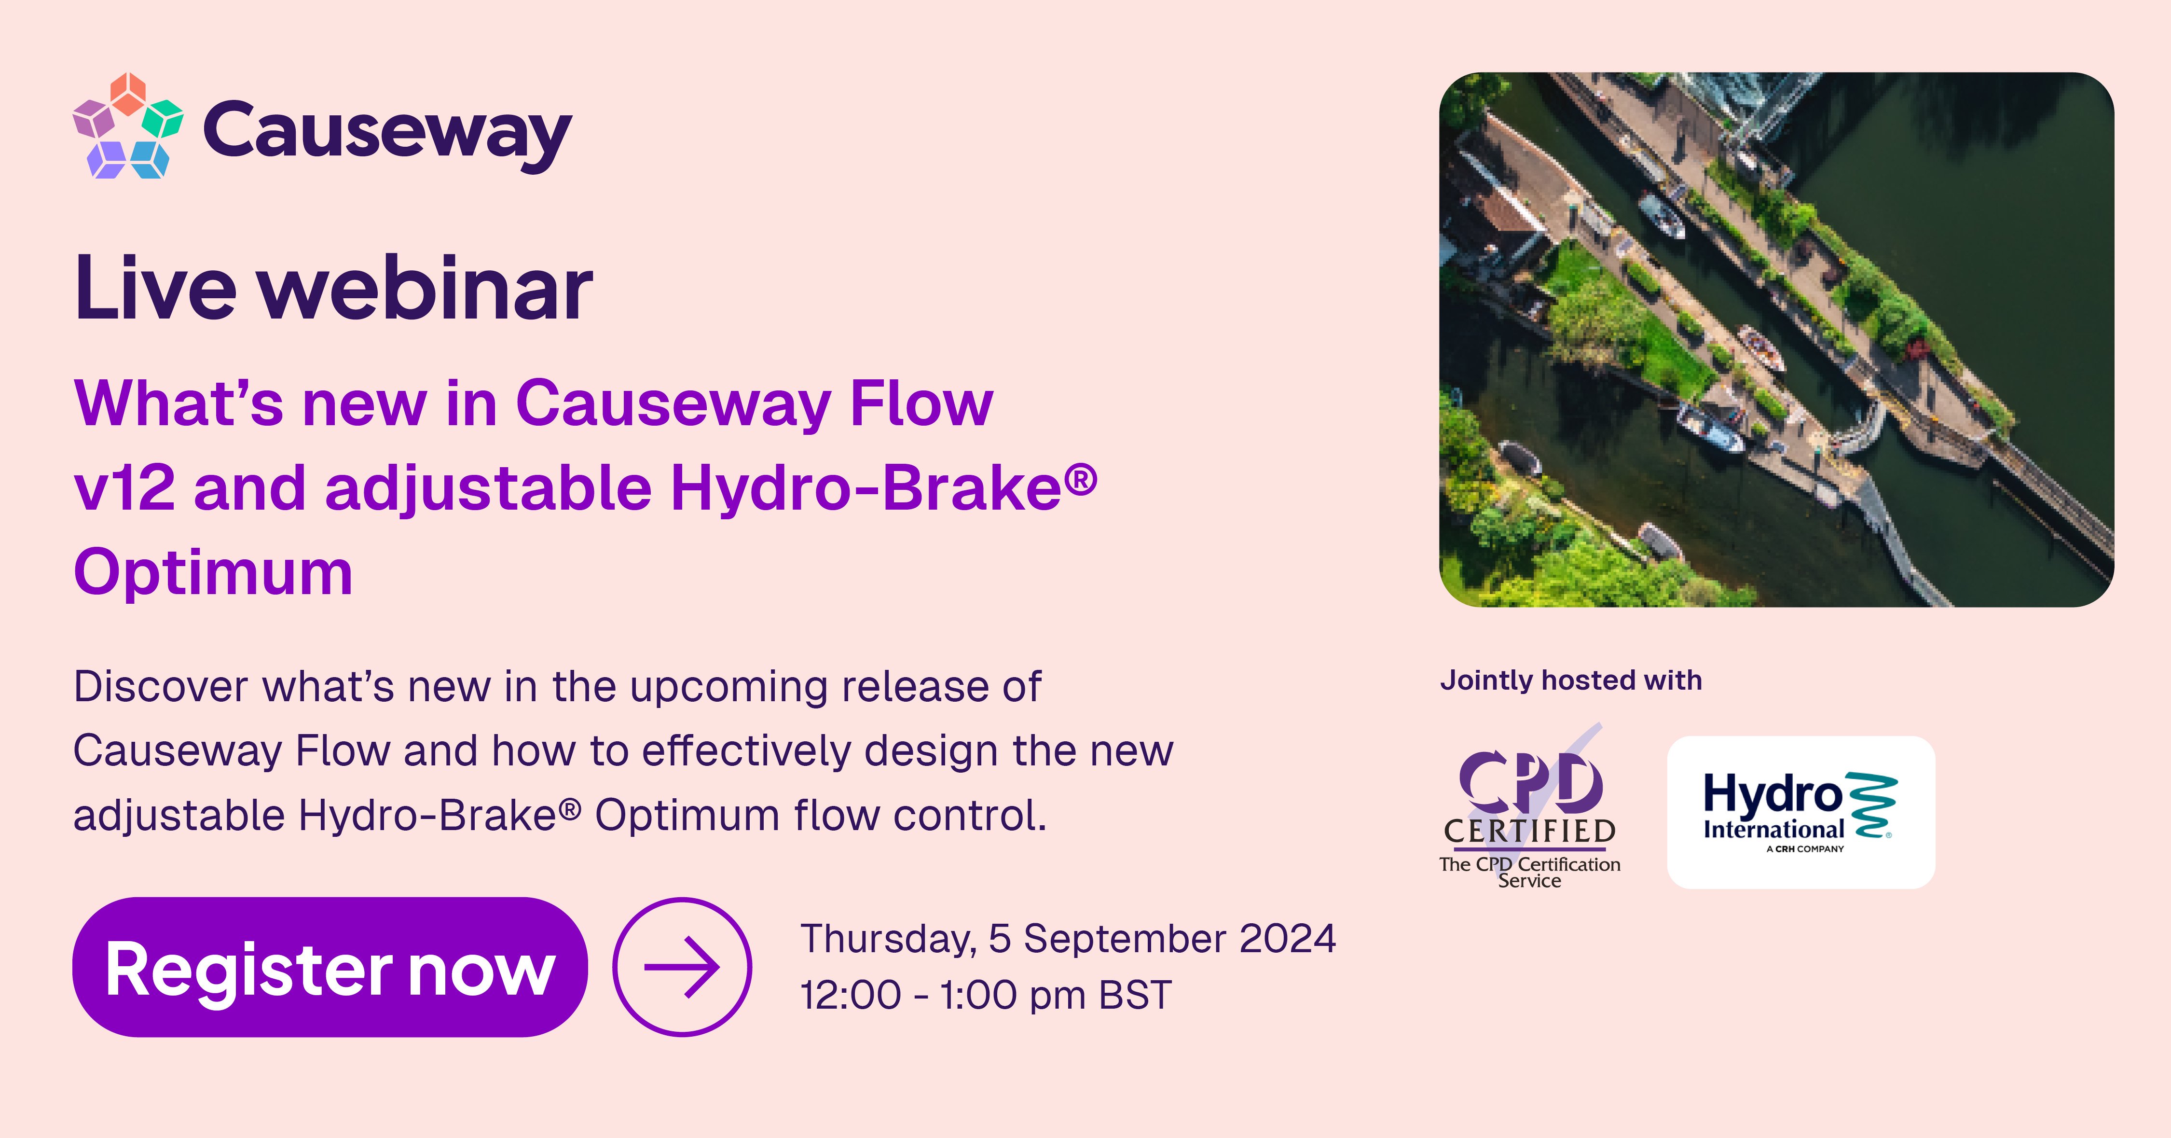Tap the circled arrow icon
(x=682, y=967)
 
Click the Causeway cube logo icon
(x=128, y=126)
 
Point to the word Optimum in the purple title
(x=213, y=572)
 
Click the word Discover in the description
(x=160, y=687)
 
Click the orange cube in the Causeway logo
(x=128, y=93)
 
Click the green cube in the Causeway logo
(x=163, y=119)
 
